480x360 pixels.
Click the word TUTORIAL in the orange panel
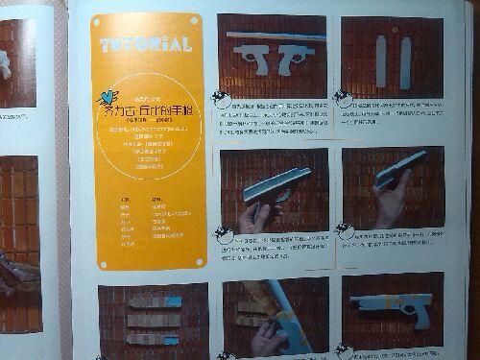(x=145, y=43)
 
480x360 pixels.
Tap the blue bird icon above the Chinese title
(x=108, y=96)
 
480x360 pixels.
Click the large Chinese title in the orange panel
(x=150, y=110)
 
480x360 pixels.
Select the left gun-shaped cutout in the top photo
(x=252, y=57)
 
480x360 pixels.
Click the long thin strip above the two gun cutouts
(x=274, y=36)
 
